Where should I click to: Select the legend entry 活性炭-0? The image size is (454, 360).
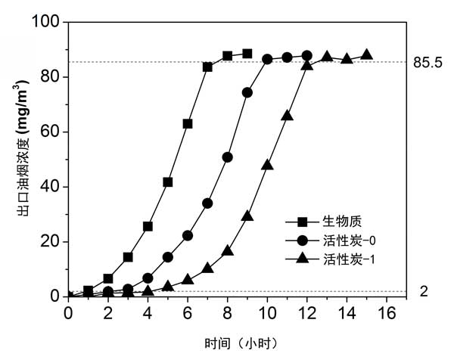click(350, 241)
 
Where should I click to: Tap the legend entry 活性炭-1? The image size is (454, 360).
click(350, 259)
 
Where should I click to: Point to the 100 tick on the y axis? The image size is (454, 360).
click(47, 22)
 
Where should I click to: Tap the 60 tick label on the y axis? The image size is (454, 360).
click(51, 132)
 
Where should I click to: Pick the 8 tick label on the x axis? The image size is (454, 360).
click(227, 312)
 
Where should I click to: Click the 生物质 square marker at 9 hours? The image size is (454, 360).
click(247, 54)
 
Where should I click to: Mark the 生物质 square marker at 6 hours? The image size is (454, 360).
click(188, 123)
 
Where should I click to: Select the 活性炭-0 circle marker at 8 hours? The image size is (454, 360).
click(227, 157)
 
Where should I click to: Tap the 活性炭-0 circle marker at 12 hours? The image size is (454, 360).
click(306, 55)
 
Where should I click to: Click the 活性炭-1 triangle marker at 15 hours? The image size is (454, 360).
click(366, 54)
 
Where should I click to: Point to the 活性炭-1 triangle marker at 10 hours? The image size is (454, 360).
click(267, 164)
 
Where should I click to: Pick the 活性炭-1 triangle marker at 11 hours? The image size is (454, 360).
click(287, 115)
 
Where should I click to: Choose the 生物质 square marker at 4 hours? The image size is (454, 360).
click(148, 226)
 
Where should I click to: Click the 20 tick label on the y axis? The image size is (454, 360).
click(51, 242)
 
